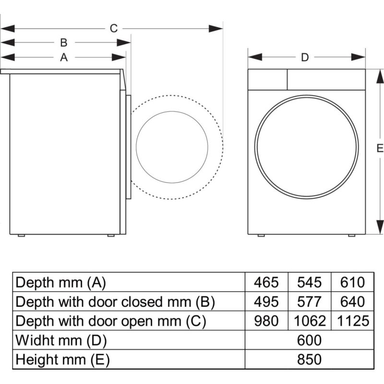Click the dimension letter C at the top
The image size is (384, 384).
[113, 28]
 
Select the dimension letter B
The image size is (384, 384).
[63, 43]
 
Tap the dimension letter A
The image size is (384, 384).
[63, 57]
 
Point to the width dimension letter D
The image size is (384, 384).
[305, 57]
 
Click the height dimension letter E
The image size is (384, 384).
[380, 149]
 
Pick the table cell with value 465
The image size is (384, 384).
[266, 282]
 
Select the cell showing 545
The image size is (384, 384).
[309, 282]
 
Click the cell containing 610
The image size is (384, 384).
[352, 282]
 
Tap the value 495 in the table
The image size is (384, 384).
[266, 301]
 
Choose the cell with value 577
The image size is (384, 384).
[309, 301]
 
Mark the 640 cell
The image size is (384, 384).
[352, 301]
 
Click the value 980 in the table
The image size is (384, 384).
[266, 321]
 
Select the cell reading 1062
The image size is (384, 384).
[309, 321]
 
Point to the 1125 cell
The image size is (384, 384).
[352, 321]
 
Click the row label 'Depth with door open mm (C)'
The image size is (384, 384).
[111, 321]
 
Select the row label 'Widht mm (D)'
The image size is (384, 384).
[61, 340]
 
